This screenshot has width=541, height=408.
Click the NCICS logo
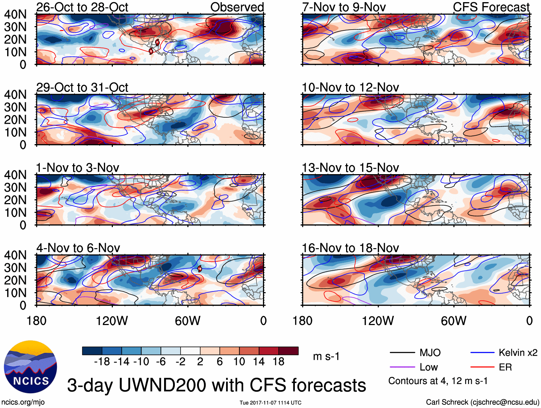tap(30, 367)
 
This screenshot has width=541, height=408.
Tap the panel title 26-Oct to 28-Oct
tap(82, 7)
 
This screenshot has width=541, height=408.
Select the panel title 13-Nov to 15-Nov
tap(350, 168)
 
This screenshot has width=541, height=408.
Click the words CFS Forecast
tap(491, 7)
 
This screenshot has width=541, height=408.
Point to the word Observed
tap(237, 7)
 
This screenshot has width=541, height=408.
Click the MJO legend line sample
tap(402, 353)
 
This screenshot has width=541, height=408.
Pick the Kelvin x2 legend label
tap(518, 353)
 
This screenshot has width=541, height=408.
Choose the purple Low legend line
tap(402, 367)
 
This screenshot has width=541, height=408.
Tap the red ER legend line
tap(482, 367)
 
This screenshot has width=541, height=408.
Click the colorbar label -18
tap(102, 362)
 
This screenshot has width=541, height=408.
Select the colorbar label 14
tap(259, 362)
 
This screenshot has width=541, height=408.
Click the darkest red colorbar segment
tap(288, 351)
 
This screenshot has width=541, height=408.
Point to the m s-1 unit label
tap(326, 357)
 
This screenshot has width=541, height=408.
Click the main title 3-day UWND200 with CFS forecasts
tap(216, 385)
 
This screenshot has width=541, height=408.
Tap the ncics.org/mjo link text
tap(23, 402)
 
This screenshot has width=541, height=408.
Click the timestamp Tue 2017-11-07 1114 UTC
tap(270, 403)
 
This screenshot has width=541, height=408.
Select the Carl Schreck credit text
tap(482, 402)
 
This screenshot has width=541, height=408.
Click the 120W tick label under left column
tap(112, 321)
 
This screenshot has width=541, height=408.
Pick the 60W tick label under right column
tap(454, 321)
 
